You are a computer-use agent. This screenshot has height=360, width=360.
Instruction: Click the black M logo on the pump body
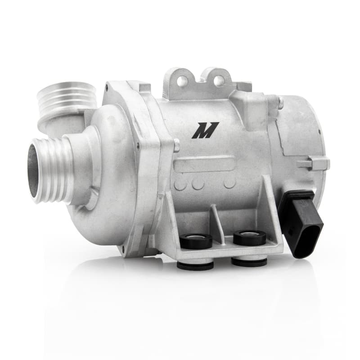click(205, 130)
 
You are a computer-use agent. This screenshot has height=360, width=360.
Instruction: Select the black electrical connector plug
click(300, 222)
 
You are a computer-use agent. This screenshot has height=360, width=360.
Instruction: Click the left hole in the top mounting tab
click(182, 81)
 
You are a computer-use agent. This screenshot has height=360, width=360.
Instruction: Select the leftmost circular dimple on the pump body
click(180, 183)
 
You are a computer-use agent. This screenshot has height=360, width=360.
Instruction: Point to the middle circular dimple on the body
click(198, 182)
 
